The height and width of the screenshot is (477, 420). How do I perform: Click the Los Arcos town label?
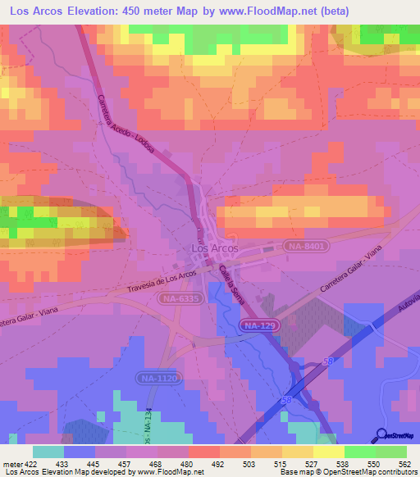[x=215, y=248]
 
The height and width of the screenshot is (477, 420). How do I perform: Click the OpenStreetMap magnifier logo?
[x=381, y=434]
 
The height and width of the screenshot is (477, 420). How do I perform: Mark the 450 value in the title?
[x=131, y=11]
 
